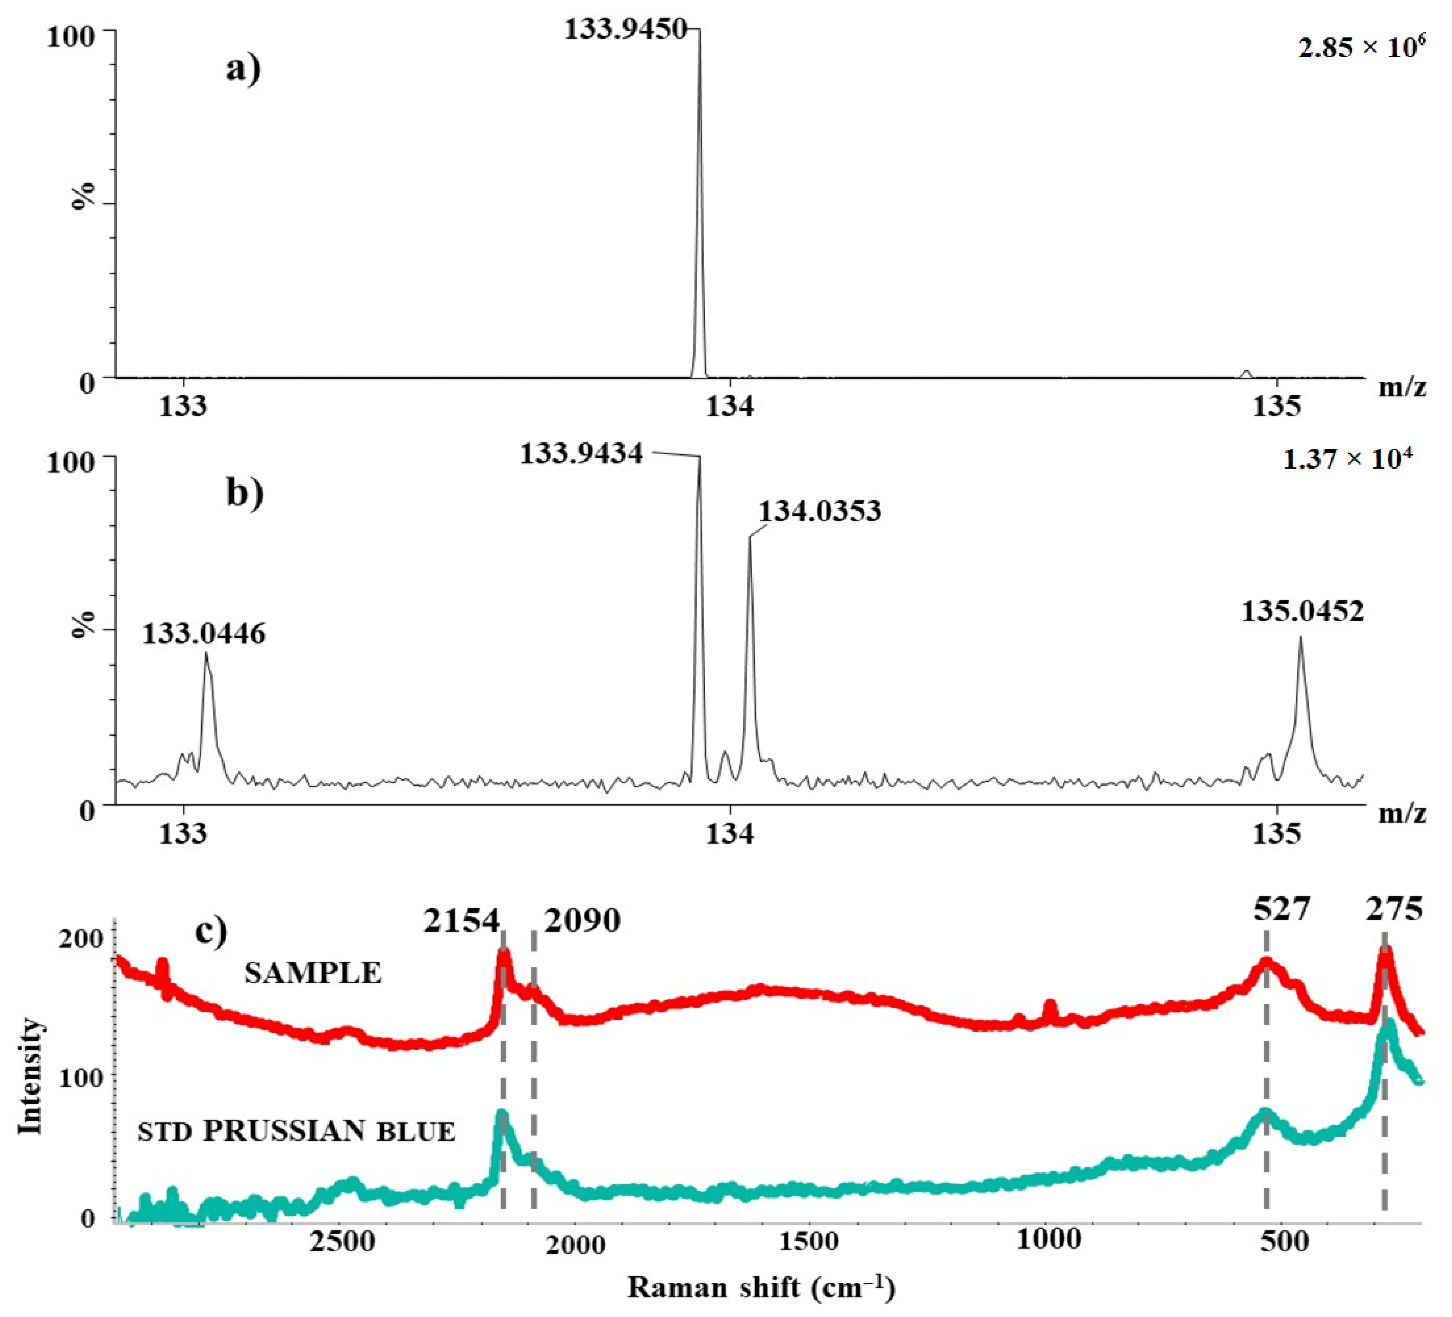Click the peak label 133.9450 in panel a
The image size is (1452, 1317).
click(x=625, y=29)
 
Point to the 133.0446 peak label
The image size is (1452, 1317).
click(x=204, y=634)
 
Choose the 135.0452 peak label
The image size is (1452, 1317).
click(x=1302, y=611)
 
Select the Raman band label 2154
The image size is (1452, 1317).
click(x=461, y=921)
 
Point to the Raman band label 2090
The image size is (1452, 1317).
click(x=582, y=921)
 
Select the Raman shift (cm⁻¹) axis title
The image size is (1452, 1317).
click(x=761, y=1287)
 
